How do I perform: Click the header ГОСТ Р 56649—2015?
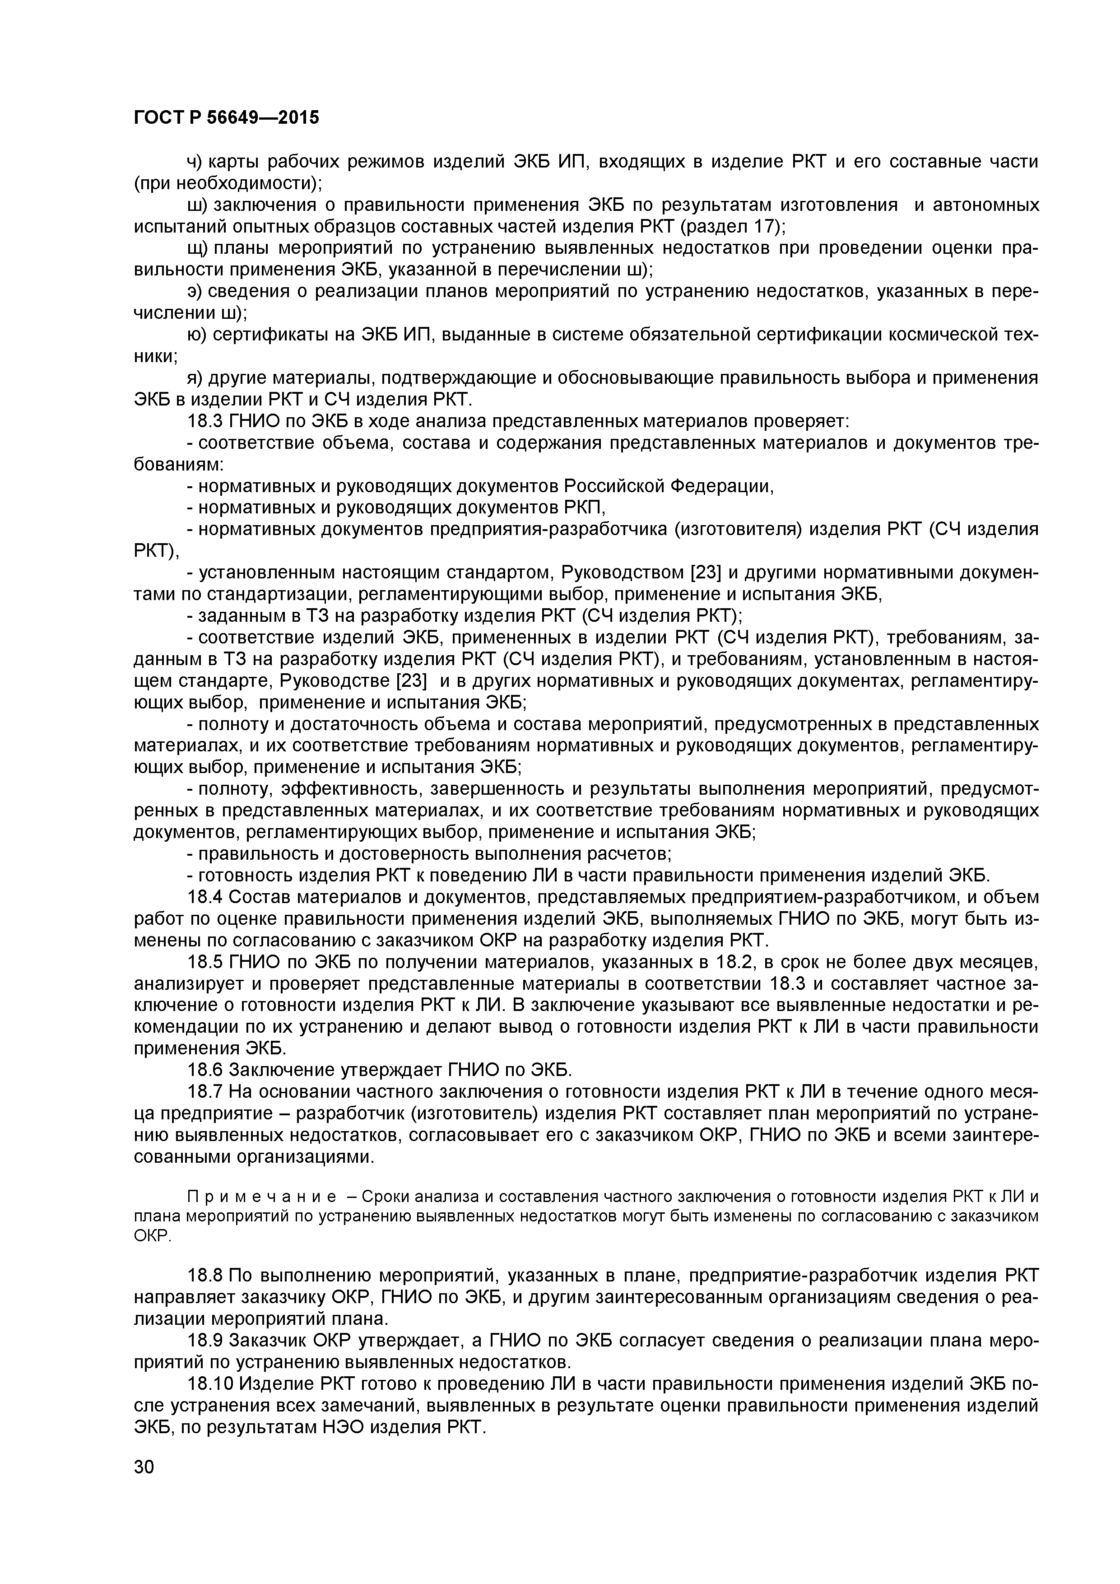pyautogui.click(x=226, y=118)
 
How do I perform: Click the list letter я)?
pyautogui.click(x=195, y=378)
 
